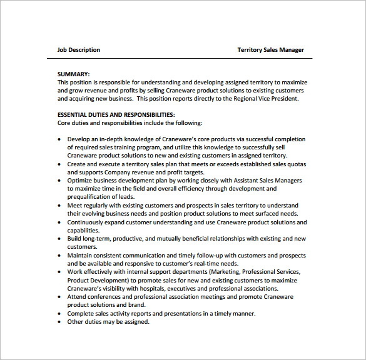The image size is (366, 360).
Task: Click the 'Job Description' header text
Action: point(78,50)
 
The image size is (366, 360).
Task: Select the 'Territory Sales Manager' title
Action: point(270,50)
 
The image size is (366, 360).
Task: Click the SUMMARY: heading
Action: point(73,74)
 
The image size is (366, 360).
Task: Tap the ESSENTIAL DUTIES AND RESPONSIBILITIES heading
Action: point(116,115)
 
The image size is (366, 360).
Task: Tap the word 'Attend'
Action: point(77,296)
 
